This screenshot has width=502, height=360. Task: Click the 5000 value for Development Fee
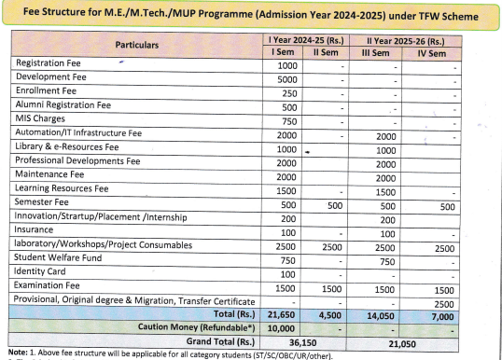[286, 78]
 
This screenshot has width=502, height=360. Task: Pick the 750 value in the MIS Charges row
[287, 120]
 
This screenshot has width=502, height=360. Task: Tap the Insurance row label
[37, 230]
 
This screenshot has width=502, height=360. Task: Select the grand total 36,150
[313, 342]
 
